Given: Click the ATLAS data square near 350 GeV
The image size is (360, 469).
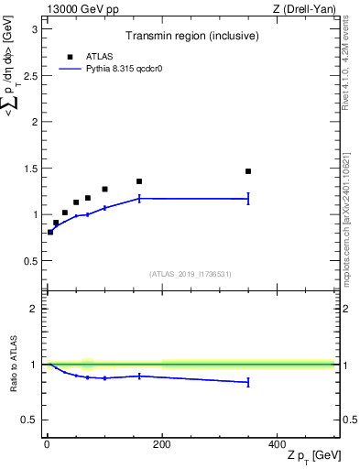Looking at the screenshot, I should [248, 171].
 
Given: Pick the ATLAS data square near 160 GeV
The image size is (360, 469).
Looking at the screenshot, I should [139, 181].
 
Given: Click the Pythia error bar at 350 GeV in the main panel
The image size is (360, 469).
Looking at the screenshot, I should [248, 199].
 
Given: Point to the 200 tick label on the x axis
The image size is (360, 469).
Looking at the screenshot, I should [161, 443].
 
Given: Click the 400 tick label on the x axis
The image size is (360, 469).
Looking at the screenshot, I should [277, 443].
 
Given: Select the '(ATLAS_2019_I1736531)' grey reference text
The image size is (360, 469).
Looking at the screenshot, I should [190, 274].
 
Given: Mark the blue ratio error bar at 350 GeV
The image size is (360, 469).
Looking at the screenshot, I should [248, 382].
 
